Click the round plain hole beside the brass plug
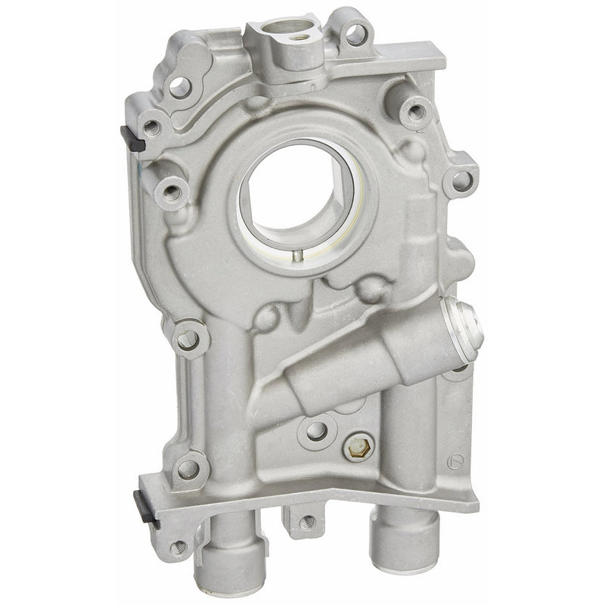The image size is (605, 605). (316, 430)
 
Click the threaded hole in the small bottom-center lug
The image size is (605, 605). (306, 521)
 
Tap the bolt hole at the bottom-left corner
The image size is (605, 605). (178, 546)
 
